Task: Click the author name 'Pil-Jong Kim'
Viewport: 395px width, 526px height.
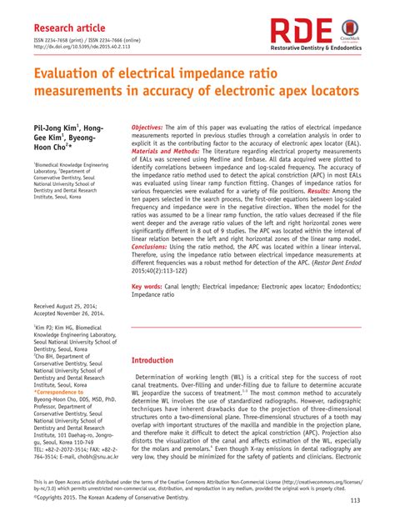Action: (x=59, y=130)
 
